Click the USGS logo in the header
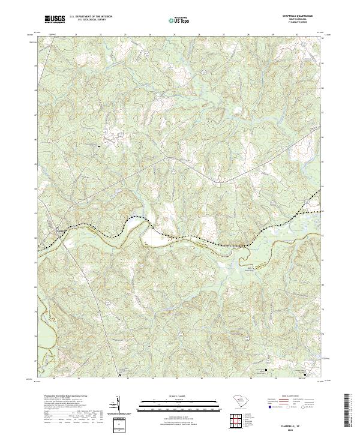(x=55, y=20)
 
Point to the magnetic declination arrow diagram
(x=119, y=406)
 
